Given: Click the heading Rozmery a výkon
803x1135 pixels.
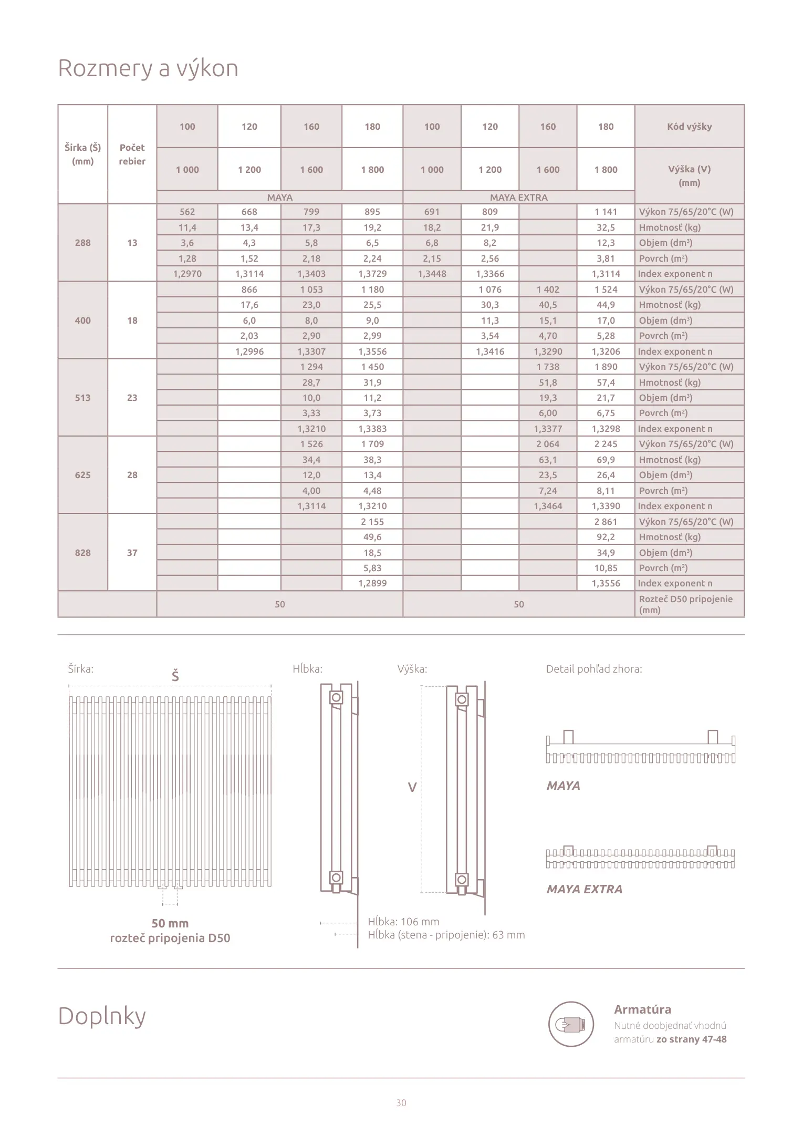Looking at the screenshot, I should point(148,68).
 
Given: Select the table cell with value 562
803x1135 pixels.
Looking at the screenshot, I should point(187,212).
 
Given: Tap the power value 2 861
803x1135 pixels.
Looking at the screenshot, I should point(606,522).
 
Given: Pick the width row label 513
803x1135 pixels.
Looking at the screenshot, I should point(83,398).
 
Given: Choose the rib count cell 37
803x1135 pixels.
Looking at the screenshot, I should point(132,553).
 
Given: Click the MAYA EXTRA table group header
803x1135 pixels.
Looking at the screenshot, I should point(518,198).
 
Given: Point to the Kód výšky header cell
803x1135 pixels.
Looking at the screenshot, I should point(689,127).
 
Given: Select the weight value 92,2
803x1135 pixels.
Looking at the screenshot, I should point(606,537).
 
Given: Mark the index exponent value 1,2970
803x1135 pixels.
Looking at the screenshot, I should point(187,274).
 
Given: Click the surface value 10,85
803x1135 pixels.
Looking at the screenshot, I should point(606,568).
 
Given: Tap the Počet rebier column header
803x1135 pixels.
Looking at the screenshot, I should point(132,154).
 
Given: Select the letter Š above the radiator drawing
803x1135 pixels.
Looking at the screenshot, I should point(175,676).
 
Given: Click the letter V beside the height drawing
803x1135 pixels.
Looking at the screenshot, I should point(412,788).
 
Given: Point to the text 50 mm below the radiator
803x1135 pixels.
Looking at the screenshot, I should point(170,923).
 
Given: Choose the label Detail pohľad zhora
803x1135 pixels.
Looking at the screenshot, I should point(593,669).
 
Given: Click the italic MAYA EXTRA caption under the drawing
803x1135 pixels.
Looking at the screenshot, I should point(584,889).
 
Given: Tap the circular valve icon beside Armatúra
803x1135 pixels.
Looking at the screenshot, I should point(571,1024).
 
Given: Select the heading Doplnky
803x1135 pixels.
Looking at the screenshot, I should point(102,1016).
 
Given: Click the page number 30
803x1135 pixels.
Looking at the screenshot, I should point(401,1103).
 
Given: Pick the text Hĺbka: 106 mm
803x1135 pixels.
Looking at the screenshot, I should point(403,922).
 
